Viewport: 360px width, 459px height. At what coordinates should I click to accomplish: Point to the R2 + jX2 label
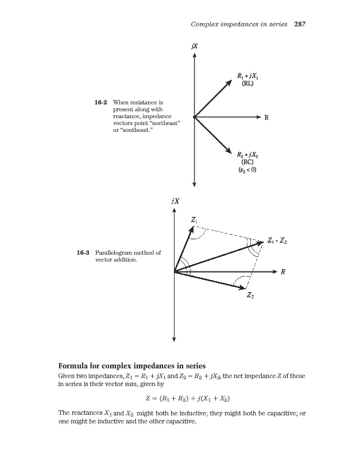pyautogui.click(x=249, y=154)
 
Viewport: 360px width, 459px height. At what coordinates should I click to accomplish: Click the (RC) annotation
pyautogui.click(x=249, y=162)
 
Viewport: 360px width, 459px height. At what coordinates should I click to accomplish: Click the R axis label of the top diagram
pyautogui.click(x=266, y=118)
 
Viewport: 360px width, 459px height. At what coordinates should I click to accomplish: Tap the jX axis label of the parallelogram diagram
pyautogui.click(x=175, y=201)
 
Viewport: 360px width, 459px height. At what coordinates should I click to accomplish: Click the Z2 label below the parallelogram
pyautogui.click(x=250, y=295)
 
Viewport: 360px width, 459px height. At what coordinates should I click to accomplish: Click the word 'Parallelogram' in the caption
pyautogui.click(x=114, y=252)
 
